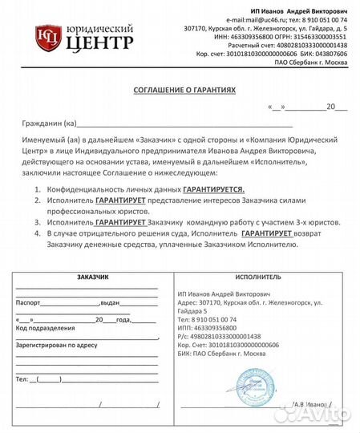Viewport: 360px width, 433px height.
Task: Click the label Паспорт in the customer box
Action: (x=28, y=304)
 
